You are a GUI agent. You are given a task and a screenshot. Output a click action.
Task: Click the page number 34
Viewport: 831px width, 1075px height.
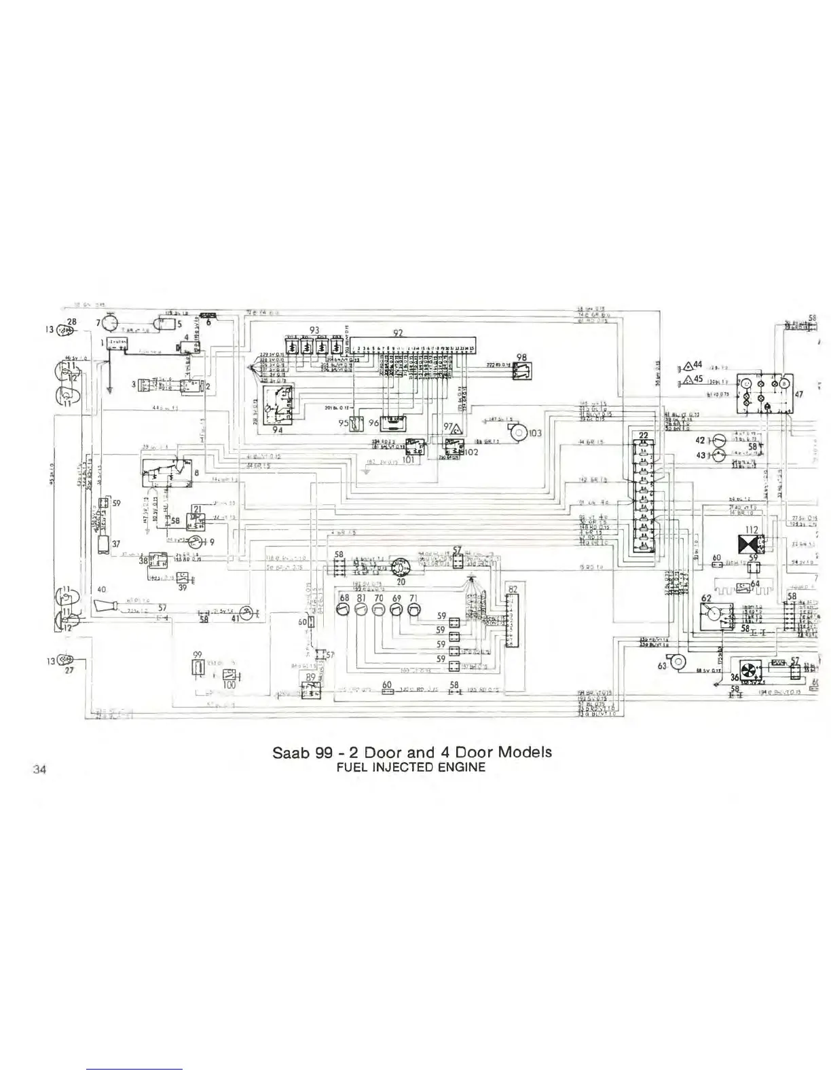pyautogui.click(x=39, y=769)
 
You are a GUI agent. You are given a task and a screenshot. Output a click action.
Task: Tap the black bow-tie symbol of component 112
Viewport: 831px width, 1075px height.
pyautogui.click(x=748, y=544)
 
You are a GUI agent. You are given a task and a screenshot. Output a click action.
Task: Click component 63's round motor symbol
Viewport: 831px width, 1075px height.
pyautogui.click(x=679, y=662)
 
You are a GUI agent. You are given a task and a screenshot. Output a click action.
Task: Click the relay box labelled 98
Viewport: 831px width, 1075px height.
pyautogui.click(x=522, y=370)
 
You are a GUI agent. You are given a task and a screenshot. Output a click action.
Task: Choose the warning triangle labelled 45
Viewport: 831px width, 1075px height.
pyautogui.click(x=686, y=380)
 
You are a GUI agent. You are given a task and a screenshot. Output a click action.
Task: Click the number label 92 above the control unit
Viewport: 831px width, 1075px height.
pyautogui.click(x=399, y=333)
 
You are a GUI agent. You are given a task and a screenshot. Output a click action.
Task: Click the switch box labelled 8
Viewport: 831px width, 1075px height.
pyautogui.click(x=166, y=470)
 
